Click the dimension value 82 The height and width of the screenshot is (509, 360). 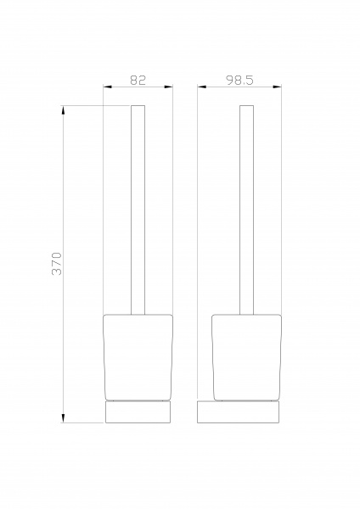[138, 80]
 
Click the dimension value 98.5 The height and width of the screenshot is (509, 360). [239, 80]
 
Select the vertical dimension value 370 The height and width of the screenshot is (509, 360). [57, 264]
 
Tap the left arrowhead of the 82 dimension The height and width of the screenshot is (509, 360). [108, 87]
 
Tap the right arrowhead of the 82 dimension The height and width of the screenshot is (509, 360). [169, 87]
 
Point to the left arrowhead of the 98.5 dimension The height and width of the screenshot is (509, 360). [202, 87]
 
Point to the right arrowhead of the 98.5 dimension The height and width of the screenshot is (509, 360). [277, 87]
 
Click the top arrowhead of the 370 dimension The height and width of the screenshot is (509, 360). [63, 110]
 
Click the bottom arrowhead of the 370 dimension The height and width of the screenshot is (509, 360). [63, 418]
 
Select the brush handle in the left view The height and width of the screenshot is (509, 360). [138, 210]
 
